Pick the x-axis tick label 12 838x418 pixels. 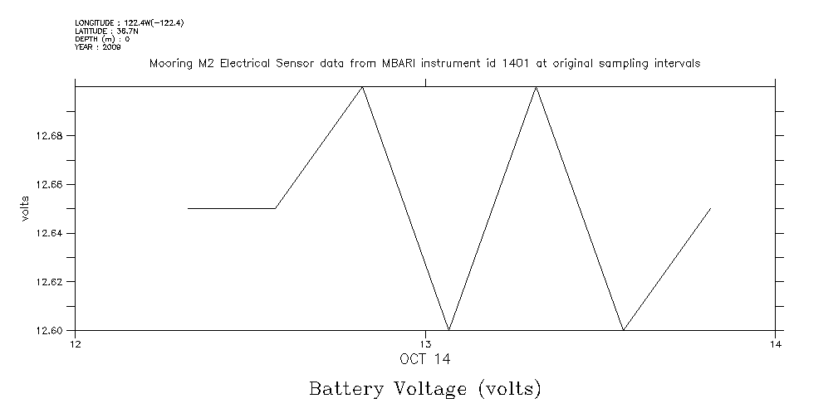(x=76, y=344)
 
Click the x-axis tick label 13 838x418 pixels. (x=425, y=344)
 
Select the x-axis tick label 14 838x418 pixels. (x=774, y=344)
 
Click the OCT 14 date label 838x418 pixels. (x=425, y=359)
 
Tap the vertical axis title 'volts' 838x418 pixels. (x=26, y=207)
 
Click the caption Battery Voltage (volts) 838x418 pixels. (x=425, y=388)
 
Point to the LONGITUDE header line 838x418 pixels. (x=129, y=22)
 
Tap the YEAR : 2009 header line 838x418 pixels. (x=97, y=47)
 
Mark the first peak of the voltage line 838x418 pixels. (x=362, y=86)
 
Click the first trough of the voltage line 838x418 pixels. (x=449, y=330)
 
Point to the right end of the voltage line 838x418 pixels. (x=711, y=208)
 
